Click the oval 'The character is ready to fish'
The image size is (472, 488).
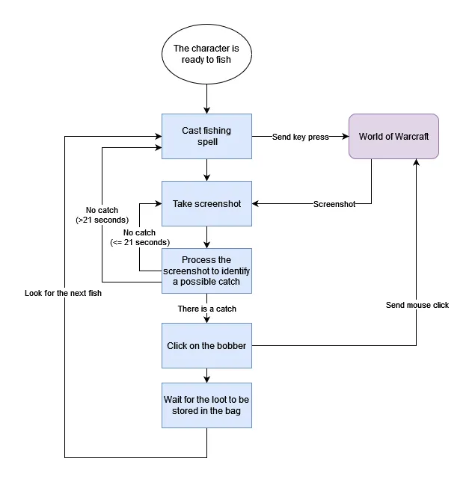pos(206,54)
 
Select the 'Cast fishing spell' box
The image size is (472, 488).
pos(206,136)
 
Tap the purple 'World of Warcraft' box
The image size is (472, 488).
pos(393,136)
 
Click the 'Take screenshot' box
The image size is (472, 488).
pos(206,203)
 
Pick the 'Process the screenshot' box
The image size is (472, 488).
pos(206,271)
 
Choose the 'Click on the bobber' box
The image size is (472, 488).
pos(206,345)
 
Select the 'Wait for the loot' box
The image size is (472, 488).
pos(206,405)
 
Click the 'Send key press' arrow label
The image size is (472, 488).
pos(301,137)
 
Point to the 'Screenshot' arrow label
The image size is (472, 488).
pos(334,203)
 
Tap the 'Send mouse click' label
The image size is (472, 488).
pos(417,305)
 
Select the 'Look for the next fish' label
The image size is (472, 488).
pos(63,293)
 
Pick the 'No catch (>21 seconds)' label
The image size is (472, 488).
pos(102,215)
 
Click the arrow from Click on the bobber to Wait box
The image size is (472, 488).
pos(206,374)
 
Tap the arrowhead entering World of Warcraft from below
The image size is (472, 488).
pos(417,163)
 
